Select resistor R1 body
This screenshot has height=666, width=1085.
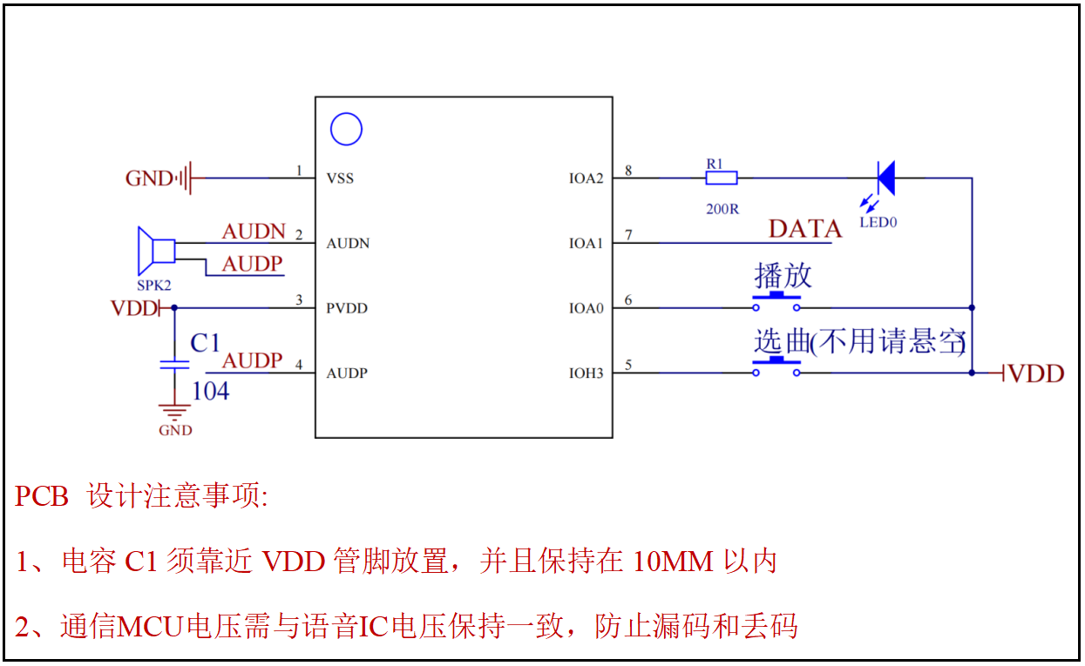(x=721, y=178)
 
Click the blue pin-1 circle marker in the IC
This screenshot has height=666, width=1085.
(x=346, y=130)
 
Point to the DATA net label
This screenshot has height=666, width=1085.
(x=804, y=229)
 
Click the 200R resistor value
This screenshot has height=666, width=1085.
(x=722, y=210)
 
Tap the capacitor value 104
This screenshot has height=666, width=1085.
(x=210, y=391)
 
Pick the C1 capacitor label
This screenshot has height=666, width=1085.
(x=205, y=343)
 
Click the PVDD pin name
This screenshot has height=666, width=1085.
(x=347, y=308)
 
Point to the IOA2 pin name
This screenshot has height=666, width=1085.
(x=586, y=178)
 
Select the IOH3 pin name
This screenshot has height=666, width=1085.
(x=586, y=373)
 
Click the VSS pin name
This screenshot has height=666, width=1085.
(x=340, y=178)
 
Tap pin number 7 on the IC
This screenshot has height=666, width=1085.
(x=628, y=236)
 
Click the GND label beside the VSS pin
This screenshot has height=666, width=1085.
(x=149, y=178)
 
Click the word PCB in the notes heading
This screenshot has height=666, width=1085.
(x=42, y=496)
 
